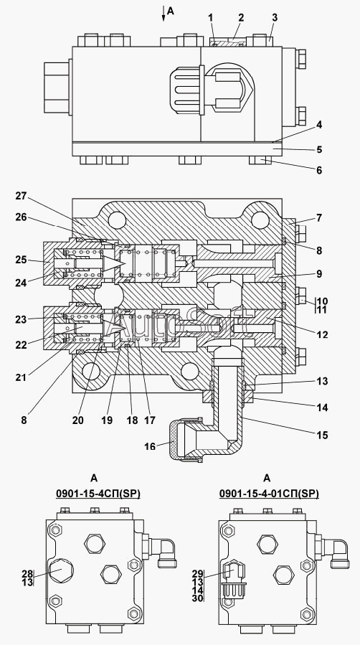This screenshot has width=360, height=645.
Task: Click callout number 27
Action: [x=21, y=196]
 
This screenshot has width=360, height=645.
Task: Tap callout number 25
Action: [x=21, y=260]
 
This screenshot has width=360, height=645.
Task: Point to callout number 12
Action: [x=323, y=335]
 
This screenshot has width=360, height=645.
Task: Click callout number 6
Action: [x=319, y=170]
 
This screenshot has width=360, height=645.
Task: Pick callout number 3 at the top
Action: [x=275, y=17]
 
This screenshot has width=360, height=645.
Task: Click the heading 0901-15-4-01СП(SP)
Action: [x=269, y=494]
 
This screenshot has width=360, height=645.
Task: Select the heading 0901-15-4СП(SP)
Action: [x=98, y=494]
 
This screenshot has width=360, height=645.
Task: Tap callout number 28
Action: [x=27, y=573]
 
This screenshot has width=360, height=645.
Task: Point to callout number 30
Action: [x=198, y=598]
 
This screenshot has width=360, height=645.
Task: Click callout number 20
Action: [x=77, y=420]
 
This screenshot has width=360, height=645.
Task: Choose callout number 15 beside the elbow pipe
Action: [x=323, y=435]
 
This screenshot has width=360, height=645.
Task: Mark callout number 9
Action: [x=319, y=274]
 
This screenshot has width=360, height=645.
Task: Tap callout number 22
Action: [x=21, y=344]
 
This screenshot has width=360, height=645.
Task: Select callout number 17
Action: [x=150, y=420]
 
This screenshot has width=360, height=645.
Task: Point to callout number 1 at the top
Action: [x=210, y=17]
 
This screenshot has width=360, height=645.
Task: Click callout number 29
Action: [x=198, y=573]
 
